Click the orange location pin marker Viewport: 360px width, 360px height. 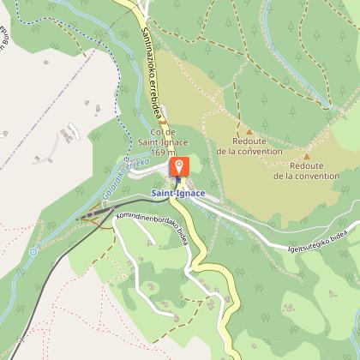(179, 166)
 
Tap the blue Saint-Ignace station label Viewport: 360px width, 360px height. (178, 194)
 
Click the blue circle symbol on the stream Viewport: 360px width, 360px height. (33, 252)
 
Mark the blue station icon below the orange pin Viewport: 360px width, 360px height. (179, 182)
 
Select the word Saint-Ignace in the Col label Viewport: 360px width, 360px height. (162, 141)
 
